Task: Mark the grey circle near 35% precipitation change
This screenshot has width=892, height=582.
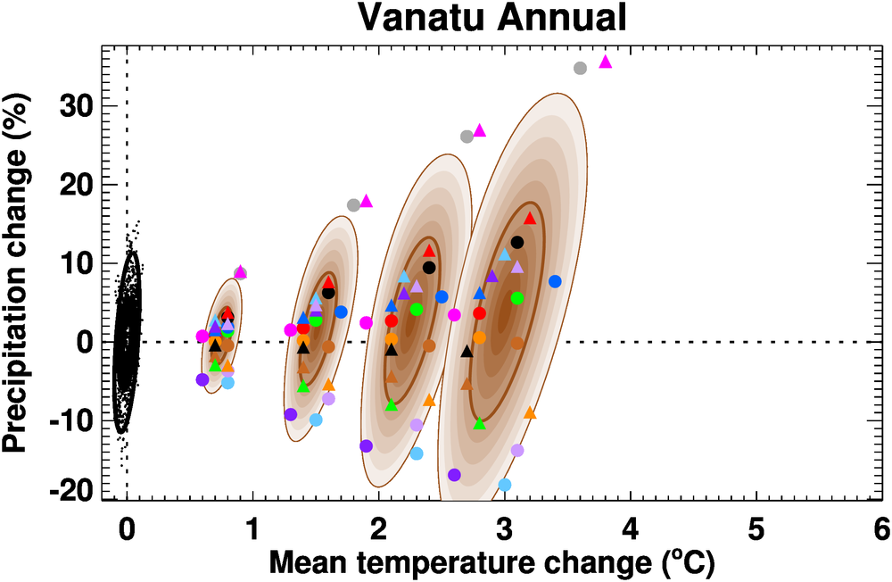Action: (580, 68)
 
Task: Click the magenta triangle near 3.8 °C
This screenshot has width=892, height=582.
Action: (606, 62)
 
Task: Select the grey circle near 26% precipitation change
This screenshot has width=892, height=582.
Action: (467, 137)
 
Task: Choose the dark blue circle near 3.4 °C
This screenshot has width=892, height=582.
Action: (555, 281)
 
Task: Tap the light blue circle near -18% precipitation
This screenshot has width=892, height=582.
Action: (505, 485)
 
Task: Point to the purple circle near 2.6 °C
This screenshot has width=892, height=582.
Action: (454, 475)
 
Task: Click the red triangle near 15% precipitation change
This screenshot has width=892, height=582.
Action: (530, 218)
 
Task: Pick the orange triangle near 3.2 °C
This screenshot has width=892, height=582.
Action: (530, 412)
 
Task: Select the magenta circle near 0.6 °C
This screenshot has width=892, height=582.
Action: (202, 336)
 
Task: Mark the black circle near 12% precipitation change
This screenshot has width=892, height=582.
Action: (517, 242)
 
